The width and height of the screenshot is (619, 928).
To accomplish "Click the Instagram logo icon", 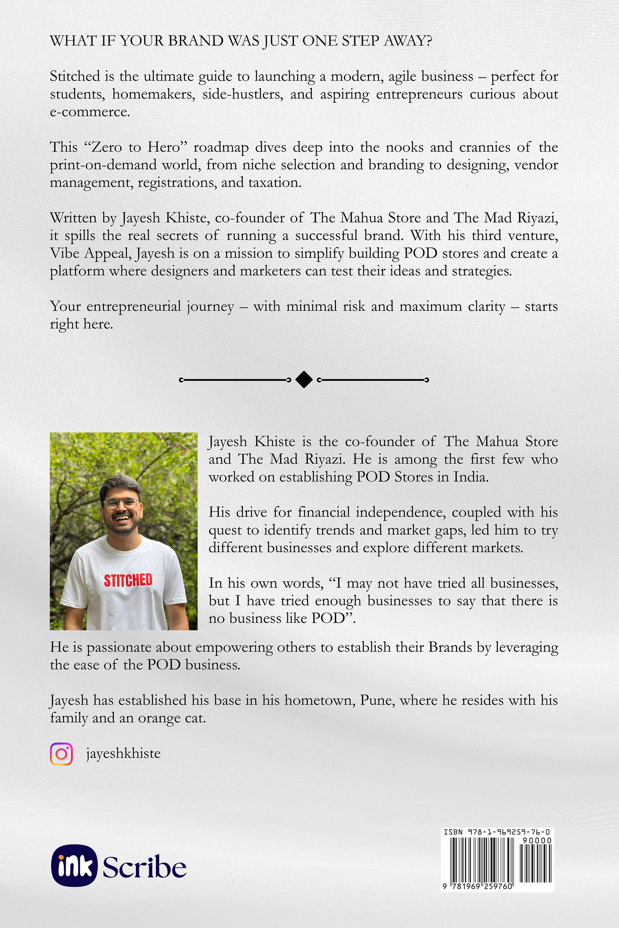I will [61, 754].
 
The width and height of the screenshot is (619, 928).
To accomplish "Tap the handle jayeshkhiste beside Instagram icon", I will [123, 753].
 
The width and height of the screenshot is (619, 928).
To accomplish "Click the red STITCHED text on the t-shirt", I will [128, 580].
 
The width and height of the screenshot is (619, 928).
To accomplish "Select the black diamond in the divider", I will [304, 380].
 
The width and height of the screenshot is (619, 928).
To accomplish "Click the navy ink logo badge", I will [74, 865].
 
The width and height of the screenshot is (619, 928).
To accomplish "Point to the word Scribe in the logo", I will [144, 866].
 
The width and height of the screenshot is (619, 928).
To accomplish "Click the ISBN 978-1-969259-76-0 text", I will [496, 832].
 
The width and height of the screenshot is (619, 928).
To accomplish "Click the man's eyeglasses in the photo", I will [121, 503].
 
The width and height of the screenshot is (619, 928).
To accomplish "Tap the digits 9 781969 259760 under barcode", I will [478, 886].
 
